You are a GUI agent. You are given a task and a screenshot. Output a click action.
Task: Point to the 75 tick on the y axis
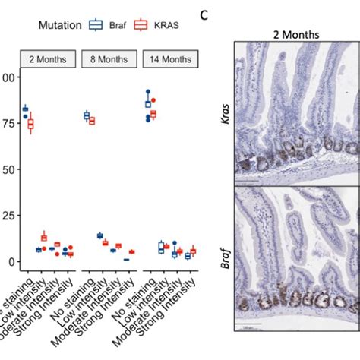pos(9,123)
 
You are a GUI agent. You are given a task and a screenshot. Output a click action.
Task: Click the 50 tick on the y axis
pos(9,169)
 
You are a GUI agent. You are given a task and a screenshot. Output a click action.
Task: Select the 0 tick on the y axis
pos(11,261)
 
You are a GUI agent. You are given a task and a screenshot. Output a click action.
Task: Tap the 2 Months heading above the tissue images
pos(296,34)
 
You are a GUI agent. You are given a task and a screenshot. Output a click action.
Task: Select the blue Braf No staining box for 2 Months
pos(26,109)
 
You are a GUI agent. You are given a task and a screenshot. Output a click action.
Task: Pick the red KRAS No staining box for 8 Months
pos(92,121)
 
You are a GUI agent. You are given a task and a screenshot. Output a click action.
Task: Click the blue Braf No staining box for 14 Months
pos(148,104)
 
